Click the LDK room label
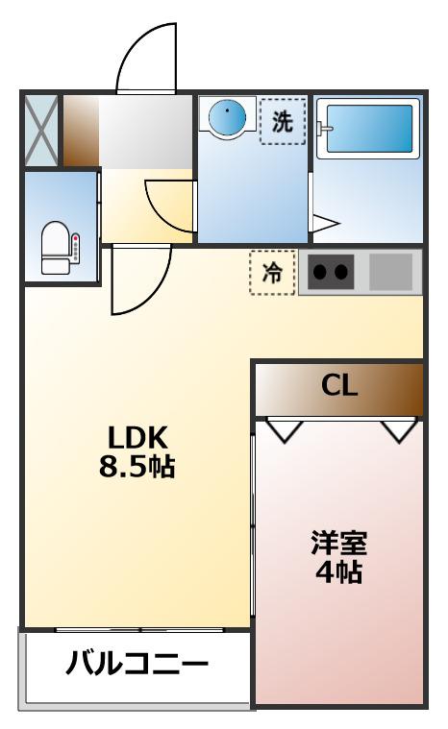tap(137, 437)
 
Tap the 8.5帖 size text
tap(137, 469)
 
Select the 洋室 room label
tap(338, 543)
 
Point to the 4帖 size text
tap(338, 573)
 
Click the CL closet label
tap(338, 387)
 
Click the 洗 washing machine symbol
tap(281, 122)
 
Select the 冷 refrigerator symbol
tap(272, 273)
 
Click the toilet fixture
tap(60, 248)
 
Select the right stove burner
tap(341, 273)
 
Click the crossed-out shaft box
tap(40, 130)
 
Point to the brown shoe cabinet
tap(81, 130)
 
